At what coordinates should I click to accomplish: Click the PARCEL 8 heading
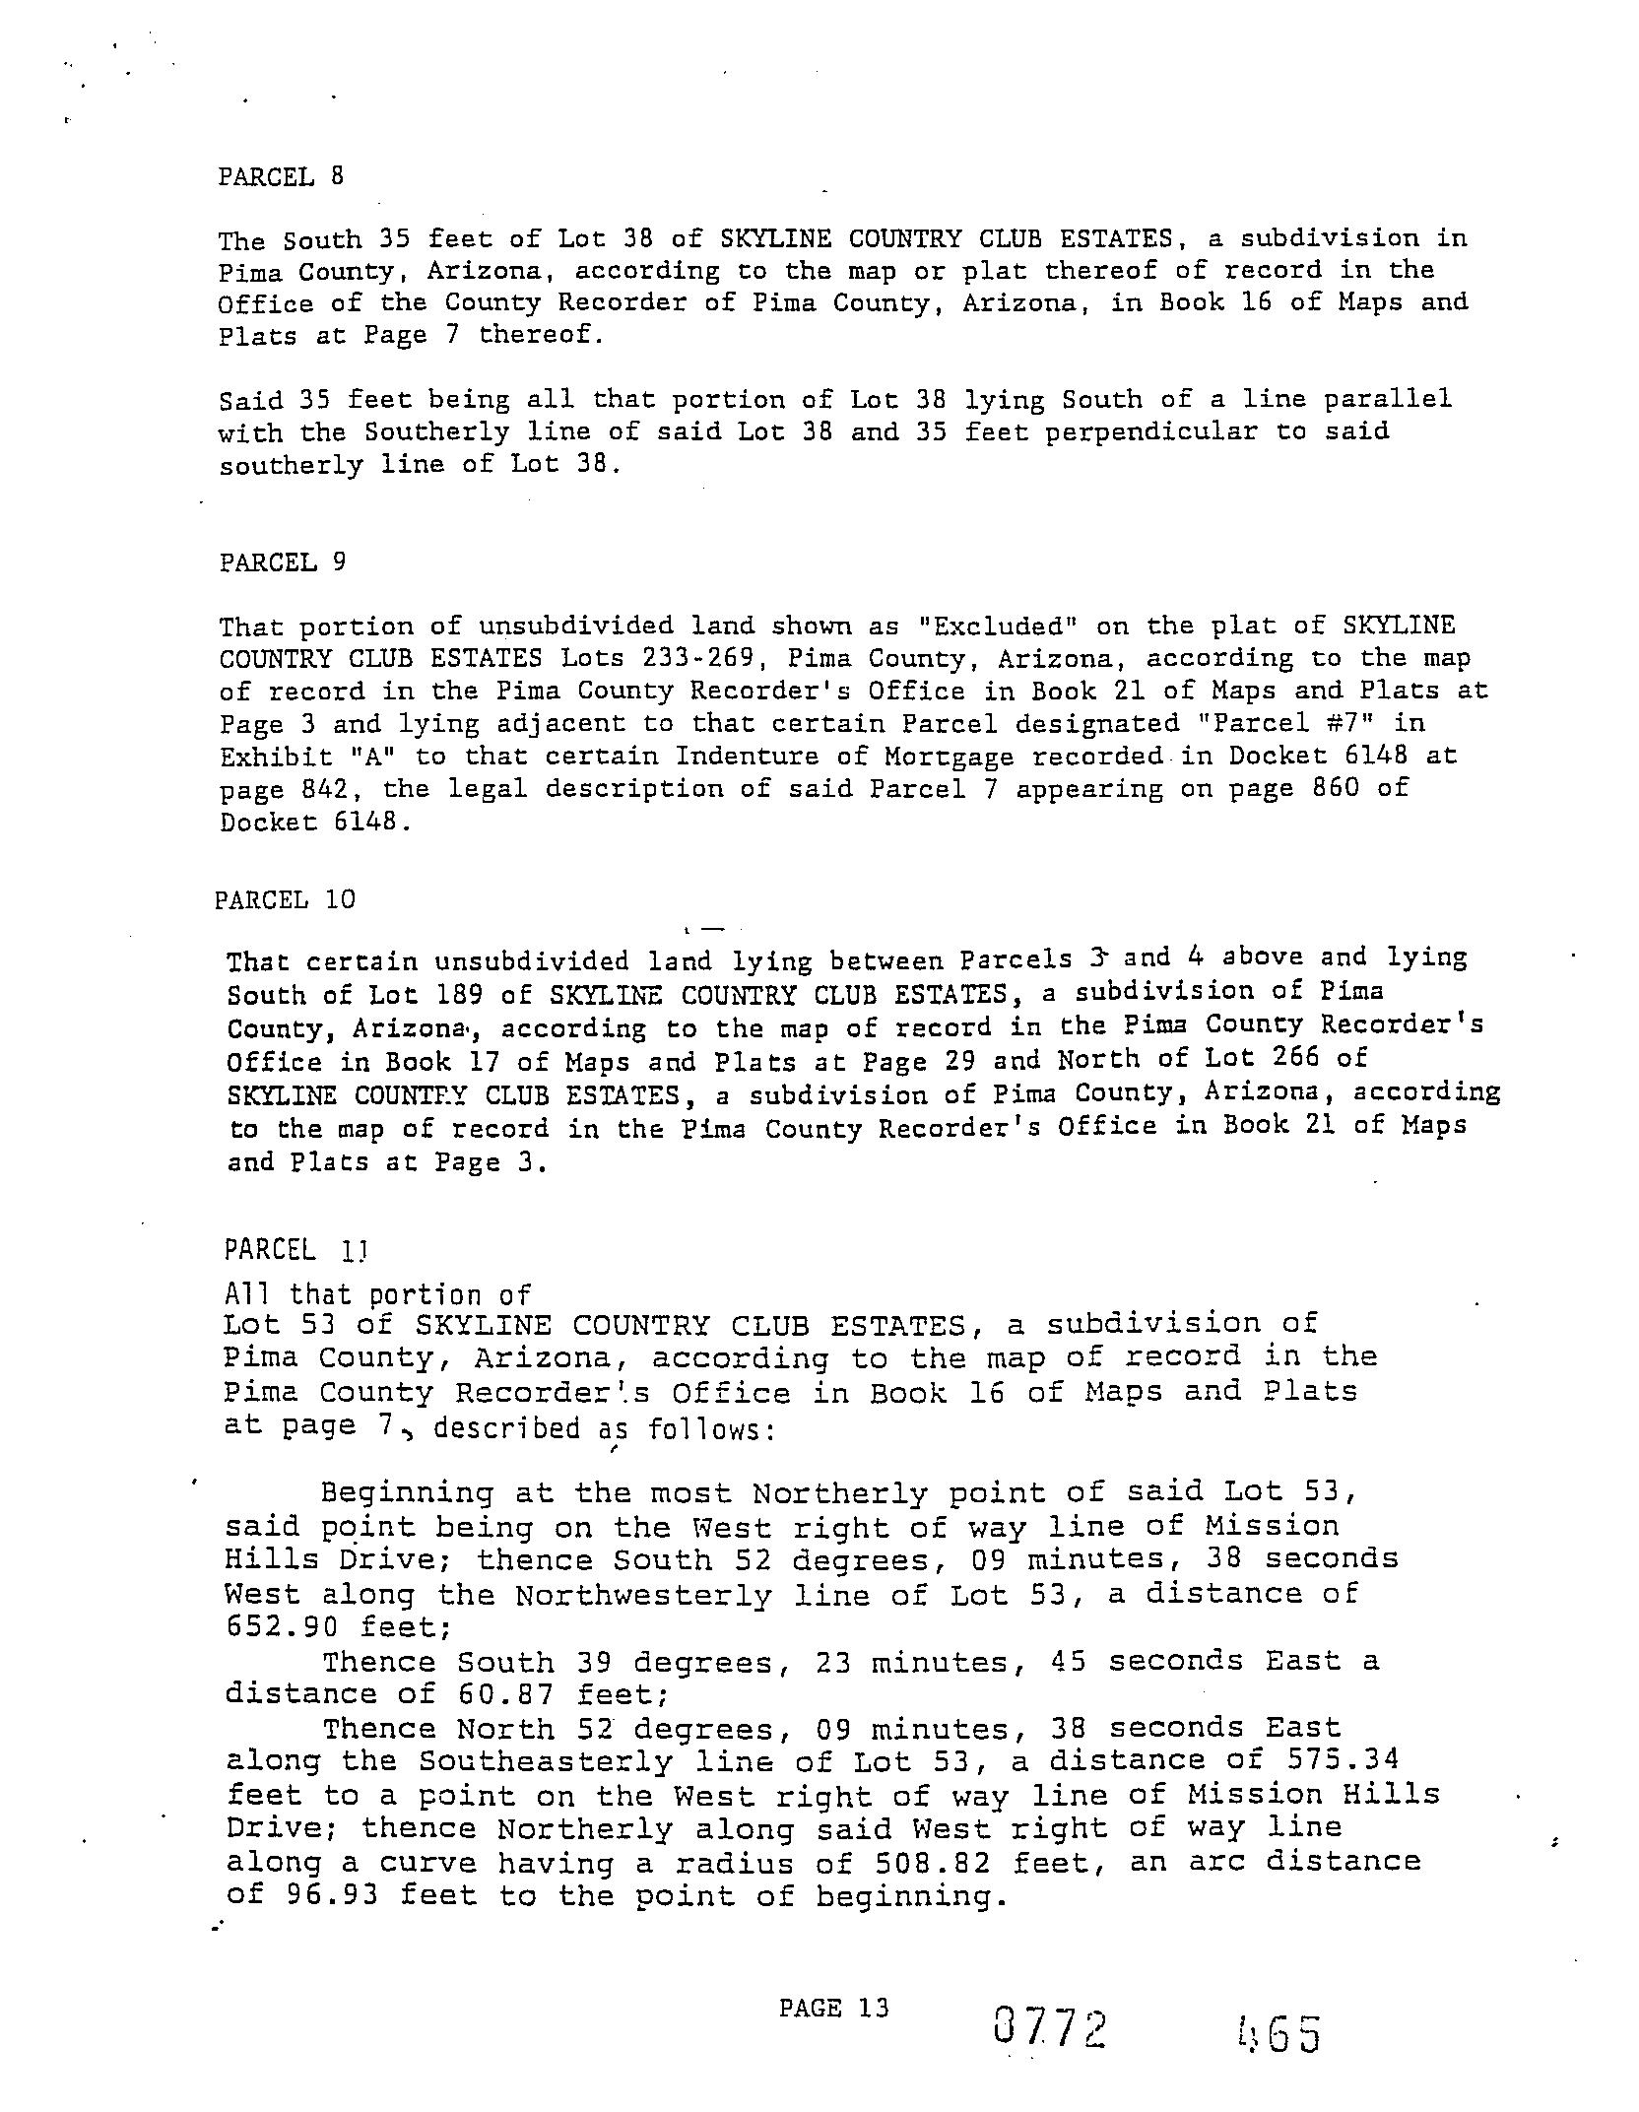(x=281, y=177)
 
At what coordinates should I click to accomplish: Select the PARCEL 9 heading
(x=283, y=562)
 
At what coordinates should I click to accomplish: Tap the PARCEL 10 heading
(x=285, y=899)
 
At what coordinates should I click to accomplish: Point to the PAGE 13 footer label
(x=833, y=2007)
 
